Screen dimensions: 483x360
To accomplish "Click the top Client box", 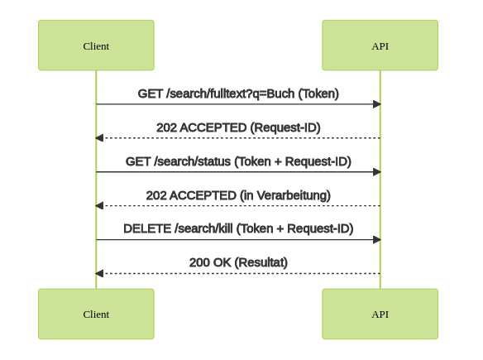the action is click(96, 46).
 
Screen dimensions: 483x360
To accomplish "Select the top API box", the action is click(380, 46).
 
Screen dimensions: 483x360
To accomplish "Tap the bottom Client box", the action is click(96, 314).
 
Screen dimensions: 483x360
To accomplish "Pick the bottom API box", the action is click(380, 314).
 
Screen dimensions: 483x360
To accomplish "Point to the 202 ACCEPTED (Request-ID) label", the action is click(238, 127).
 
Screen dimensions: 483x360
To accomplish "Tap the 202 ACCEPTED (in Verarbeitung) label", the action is click(238, 195).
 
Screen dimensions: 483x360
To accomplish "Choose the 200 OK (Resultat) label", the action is click(238, 262).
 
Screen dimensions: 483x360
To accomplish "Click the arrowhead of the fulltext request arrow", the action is click(377, 104).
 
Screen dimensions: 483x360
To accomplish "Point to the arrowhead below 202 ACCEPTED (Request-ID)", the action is click(99, 137).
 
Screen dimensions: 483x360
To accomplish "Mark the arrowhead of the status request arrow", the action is click(377, 171).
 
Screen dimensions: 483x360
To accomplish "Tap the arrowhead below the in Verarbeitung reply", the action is click(99, 205).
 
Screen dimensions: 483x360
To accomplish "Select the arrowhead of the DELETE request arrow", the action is click(377, 239).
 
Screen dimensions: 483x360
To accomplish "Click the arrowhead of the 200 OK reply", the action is click(99, 273).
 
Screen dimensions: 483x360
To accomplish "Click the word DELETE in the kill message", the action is click(147, 228).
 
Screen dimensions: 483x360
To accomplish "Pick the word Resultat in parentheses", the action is click(261, 262).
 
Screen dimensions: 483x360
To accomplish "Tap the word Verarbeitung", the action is click(291, 195).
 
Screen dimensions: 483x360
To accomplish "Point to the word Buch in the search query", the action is click(280, 94).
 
